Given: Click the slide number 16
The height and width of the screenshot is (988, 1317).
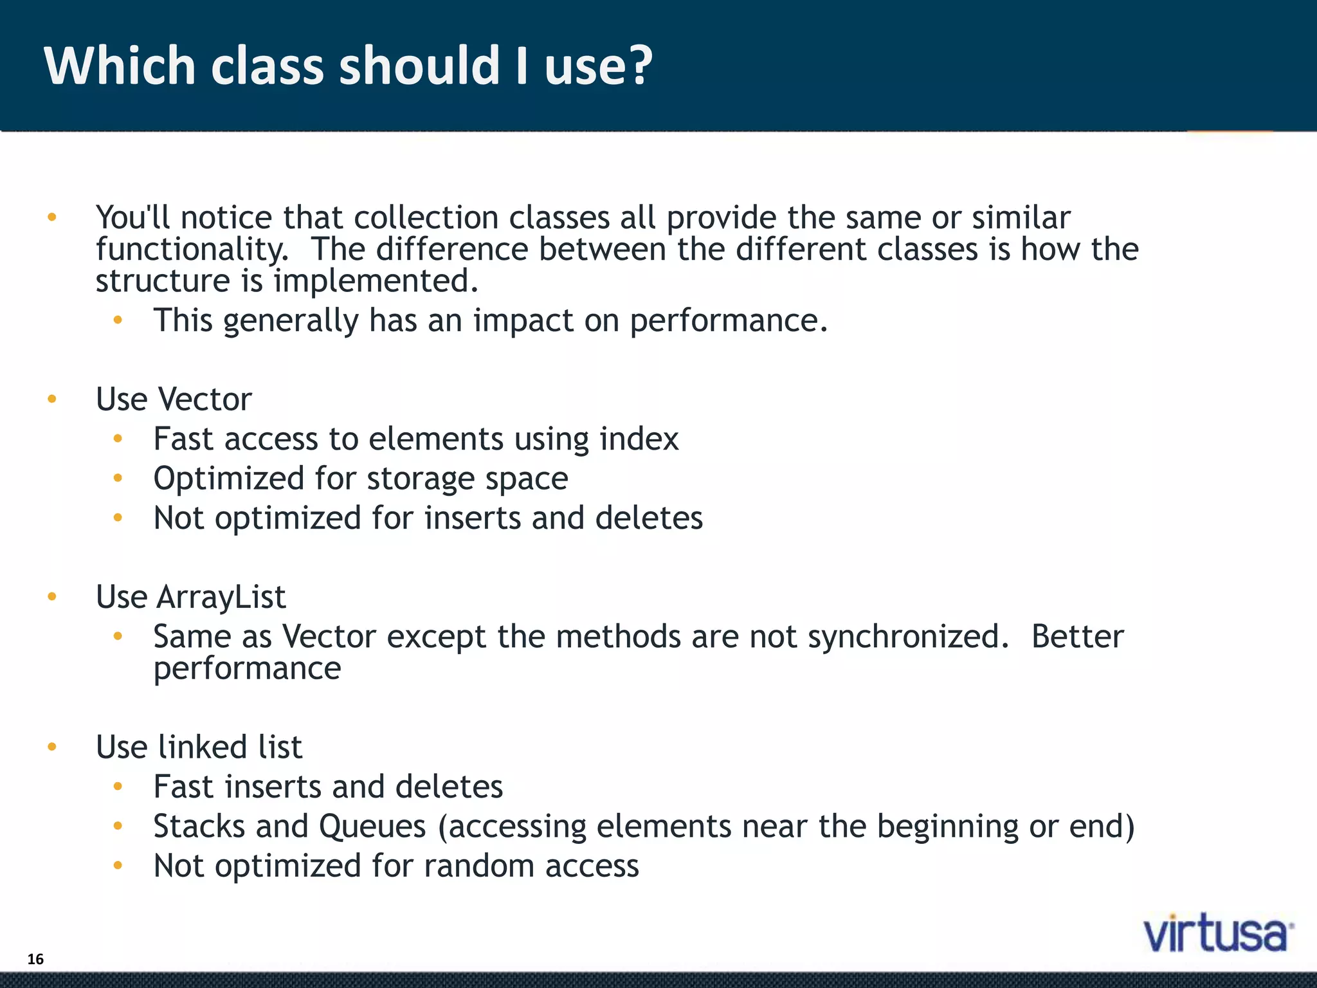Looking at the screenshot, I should tap(35, 959).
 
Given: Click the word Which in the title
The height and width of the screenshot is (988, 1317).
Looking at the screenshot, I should tap(120, 66).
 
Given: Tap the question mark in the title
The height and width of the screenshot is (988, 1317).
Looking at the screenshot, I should tap(639, 66).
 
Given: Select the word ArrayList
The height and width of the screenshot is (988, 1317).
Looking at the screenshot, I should tap(221, 597).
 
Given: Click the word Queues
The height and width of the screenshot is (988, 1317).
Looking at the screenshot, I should tap(372, 827).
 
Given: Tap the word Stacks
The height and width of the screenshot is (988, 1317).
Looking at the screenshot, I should tap(199, 827).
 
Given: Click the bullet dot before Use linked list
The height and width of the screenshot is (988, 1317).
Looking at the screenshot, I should tap(52, 747).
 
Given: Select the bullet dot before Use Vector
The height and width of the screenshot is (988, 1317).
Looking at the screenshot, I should tap(52, 399).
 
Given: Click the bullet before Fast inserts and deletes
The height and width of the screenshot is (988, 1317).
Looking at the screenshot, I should tap(118, 786).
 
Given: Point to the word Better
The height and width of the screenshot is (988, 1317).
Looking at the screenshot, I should tap(1077, 637).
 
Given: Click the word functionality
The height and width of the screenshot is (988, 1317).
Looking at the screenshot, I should tap(192, 250).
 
